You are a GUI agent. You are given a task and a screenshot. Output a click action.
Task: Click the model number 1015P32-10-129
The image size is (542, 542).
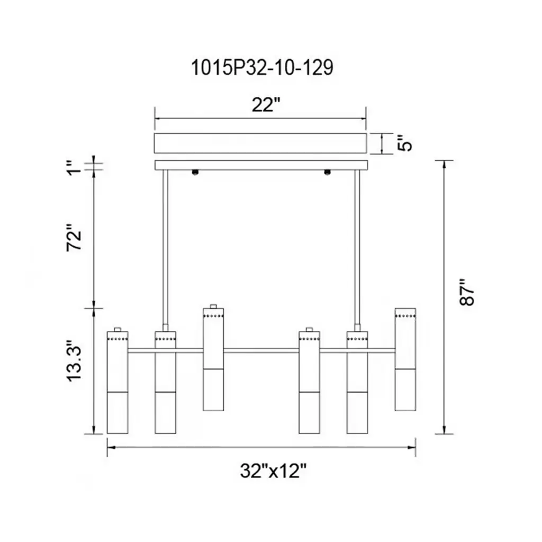pyautogui.click(x=262, y=67)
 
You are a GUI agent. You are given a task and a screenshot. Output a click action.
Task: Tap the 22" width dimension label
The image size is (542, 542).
pyautogui.click(x=265, y=104)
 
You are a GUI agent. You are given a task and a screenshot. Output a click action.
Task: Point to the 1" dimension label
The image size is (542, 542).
pyautogui.click(x=74, y=168)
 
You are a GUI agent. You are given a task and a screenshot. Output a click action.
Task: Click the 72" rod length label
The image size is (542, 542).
pyautogui.click(x=74, y=237)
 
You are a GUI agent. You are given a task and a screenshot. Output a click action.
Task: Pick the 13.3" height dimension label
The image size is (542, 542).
pyautogui.click(x=74, y=361)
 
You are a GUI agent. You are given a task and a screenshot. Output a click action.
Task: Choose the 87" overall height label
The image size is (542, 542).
pyautogui.click(x=467, y=292)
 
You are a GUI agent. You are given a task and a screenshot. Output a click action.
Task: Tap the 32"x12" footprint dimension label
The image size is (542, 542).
pyautogui.click(x=273, y=471)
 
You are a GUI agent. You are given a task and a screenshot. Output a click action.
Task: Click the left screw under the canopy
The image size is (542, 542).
pyautogui.click(x=195, y=172)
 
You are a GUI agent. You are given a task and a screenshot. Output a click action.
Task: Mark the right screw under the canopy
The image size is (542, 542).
pyautogui.click(x=327, y=172)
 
